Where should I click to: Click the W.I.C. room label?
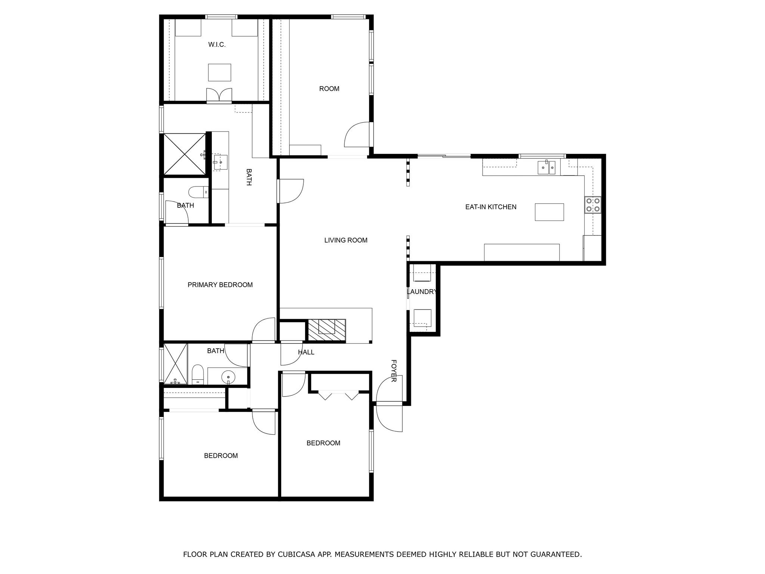pyautogui.click(x=217, y=45)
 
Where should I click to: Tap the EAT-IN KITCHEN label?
pyautogui.click(x=490, y=207)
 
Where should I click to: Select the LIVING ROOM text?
pyautogui.click(x=346, y=240)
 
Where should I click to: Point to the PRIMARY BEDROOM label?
pyautogui.click(x=220, y=285)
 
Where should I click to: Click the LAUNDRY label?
pyautogui.click(x=422, y=292)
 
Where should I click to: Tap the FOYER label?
pyautogui.click(x=393, y=371)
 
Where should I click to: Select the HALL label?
pyautogui.click(x=306, y=352)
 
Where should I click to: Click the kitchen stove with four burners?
pyautogui.click(x=593, y=205)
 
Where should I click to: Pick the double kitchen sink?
pyautogui.click(x=547, y=167)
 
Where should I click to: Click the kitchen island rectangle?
pyautogui.click(x=549, y=212)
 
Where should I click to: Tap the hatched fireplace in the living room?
pyautogui.click(x=326, y=330)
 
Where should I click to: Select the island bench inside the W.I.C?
pyautogui.click(x=219, y=72)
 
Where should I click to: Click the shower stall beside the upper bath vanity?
pyautogui.click(x=185, y=154)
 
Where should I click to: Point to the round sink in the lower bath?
pyautogui.click(x=227, y=377)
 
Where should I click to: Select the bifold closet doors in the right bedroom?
pyautogui.click(x=338, y=395)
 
